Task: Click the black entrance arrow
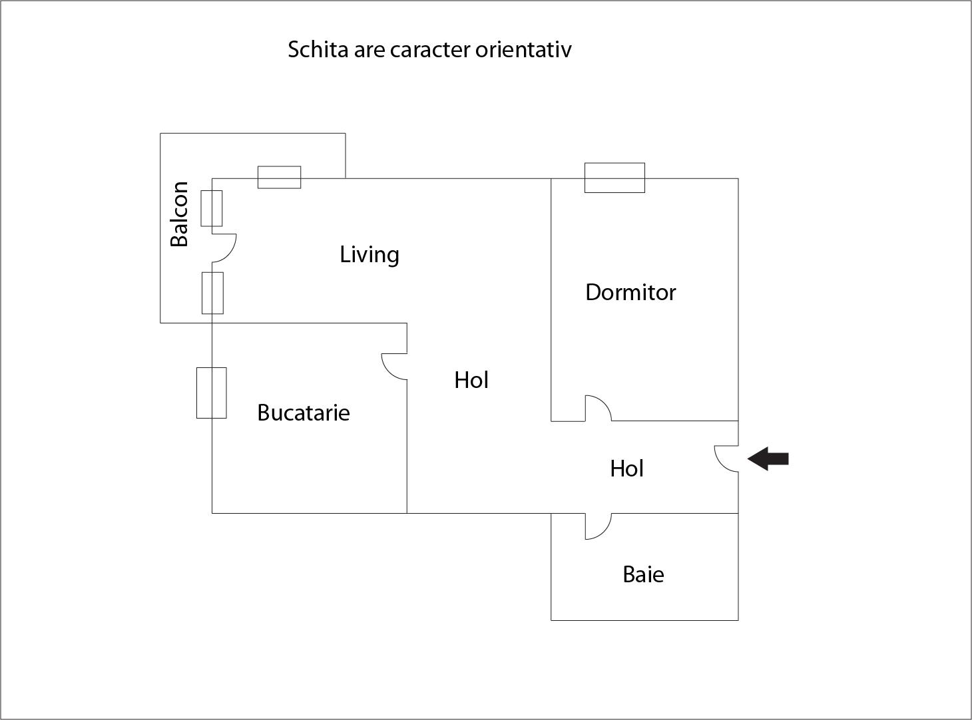tap(768, 459)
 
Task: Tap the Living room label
tap(369, 255)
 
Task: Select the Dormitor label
tap(630, 292)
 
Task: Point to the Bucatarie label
tap(304, 413)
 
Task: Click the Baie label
tap(643, 574)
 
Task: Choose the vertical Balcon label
tap(179, 214)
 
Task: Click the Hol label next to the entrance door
tap(626, 468)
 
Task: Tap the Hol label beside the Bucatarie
tap(471, 380)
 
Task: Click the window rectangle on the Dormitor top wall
tap(614, 178)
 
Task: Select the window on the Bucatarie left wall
tap(212, 393)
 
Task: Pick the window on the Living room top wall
tap(279, 177)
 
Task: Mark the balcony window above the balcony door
tap(212, 208)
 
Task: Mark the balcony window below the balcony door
tap(212, 293)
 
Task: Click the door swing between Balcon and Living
tap(232, 254)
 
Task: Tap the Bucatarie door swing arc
tap(386, 371)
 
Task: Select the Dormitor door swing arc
tap(605, 403)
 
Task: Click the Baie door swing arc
tap(605, 532)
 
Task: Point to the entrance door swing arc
tap(719, 464)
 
